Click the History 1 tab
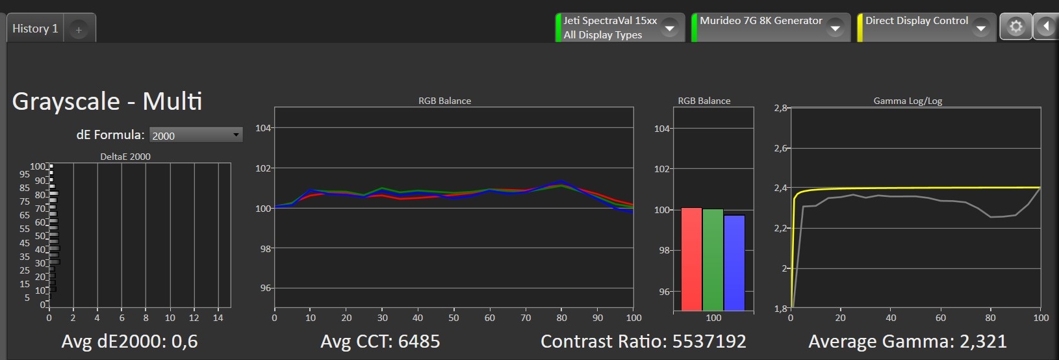pos(35,29)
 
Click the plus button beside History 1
pos(79,29)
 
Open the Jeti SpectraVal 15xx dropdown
pos(669,27)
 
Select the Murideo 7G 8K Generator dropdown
pos(836,27)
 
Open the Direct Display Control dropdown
pos(981,27)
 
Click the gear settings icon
pos(1015,27)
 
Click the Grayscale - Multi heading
pos(107,101)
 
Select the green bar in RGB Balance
pos(713,259)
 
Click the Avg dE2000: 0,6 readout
pos(129,341)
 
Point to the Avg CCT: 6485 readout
pos(380,341)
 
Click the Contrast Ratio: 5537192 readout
pos(643,341)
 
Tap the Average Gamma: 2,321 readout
pos(908,341)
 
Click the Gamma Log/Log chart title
pos(908,101)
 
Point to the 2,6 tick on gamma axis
pos(780,148)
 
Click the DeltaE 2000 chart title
pos(125,157)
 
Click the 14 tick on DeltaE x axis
pos(218,318)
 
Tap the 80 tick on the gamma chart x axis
pos(990,318)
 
